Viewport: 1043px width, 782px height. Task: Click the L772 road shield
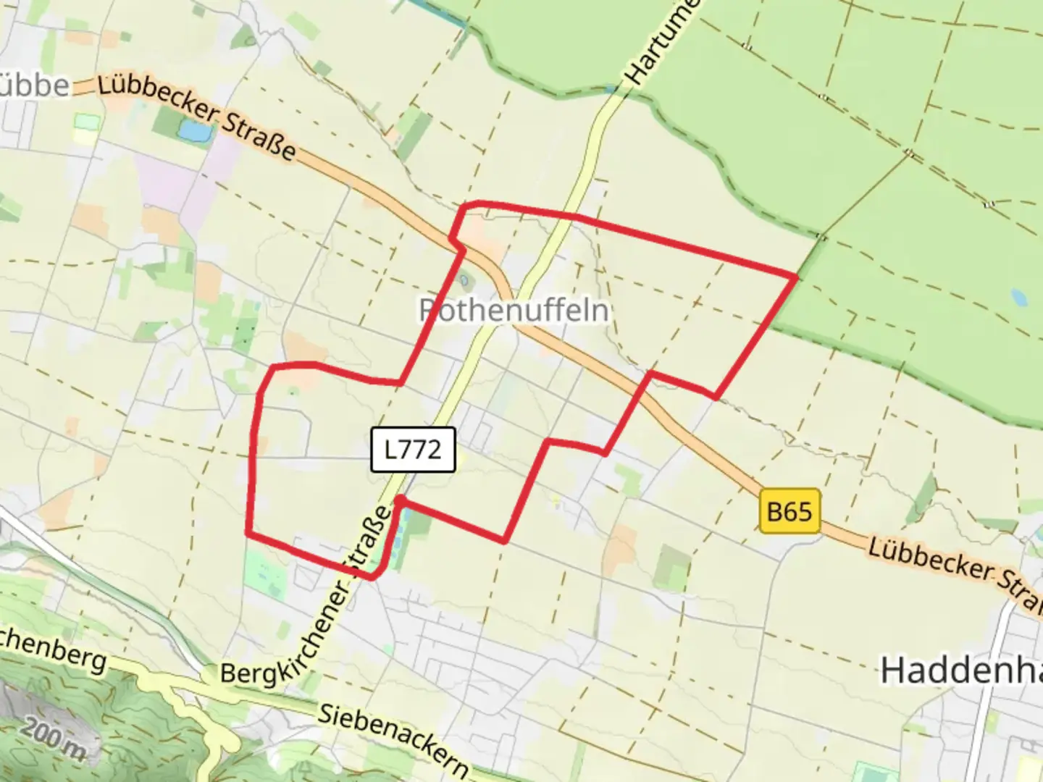[x=413, y=450]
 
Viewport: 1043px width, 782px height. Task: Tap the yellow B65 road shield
[x=789, y=511]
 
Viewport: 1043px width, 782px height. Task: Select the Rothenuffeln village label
[x=514, y=311]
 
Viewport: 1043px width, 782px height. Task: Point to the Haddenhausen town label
[x=960, y=670]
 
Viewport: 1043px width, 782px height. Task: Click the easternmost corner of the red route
[x=796, y=276]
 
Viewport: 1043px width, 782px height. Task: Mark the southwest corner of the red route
[x=248, y=534]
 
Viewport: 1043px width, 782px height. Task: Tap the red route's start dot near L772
[x=400, y=500]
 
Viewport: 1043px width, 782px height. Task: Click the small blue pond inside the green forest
[x=1018, y=297]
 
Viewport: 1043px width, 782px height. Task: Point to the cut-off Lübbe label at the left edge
[x=35, y=85]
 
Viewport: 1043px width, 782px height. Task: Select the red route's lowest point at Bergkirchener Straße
[x=371, y=577]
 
